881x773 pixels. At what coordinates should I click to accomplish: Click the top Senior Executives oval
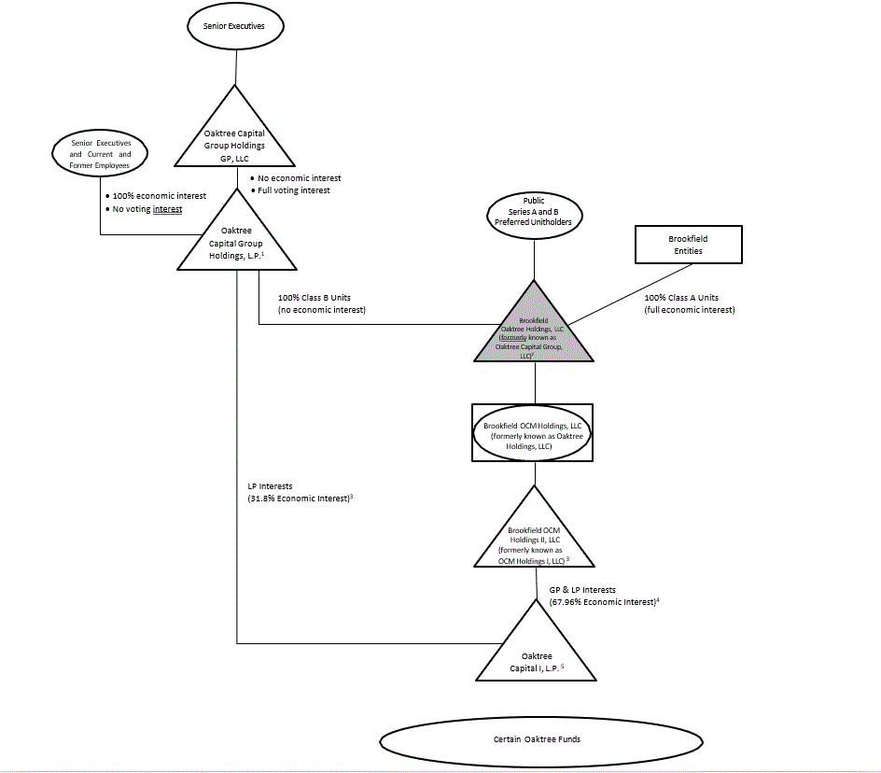pyautogui.click(x=234, y=26)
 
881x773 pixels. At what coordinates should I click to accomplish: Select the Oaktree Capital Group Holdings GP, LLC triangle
pyautogui.click(x=234, y=140)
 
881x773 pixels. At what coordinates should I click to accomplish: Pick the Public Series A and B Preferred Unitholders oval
pyautogui.click(x=534, y=212)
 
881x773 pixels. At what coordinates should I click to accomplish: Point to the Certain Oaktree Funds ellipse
pyautogui.click(x=536, y=739)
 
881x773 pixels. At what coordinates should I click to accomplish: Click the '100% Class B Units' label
pyautogui.click(x=314, y=298)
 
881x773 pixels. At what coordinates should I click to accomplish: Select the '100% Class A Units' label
pyautogui.click(x=683, y=298)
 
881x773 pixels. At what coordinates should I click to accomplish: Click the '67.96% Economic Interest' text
pyautogui.click(x=603, y=602)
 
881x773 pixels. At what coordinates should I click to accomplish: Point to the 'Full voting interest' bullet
pyautogui.click(x=293, y=190)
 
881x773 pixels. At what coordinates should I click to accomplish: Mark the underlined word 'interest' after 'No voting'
pyautogui.click(x=167, y=210)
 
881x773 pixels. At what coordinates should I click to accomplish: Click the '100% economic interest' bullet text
pyautogui.click(x=159, y=197)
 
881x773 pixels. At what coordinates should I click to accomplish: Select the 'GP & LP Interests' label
pyautogui.click(x=582, y=590)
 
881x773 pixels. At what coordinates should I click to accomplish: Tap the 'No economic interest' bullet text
pyautogui.click(x=299, y=178)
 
